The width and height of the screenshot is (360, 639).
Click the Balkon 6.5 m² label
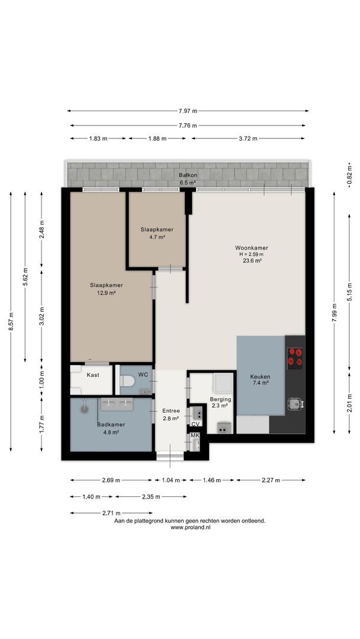pos(188,179)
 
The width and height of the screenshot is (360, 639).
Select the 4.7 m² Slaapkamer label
pos(157,233)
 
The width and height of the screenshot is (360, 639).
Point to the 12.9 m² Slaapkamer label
pos(107,289)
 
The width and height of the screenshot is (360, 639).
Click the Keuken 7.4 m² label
pos(261,380)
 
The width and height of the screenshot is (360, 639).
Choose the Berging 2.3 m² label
pos(221,402)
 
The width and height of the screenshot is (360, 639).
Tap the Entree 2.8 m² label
pos(171,414)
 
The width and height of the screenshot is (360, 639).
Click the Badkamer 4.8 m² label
pos(111,428)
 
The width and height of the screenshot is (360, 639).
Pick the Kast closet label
pos(92,375)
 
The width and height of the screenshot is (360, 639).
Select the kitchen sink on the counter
pos(294,404)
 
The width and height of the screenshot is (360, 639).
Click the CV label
pos(195,424)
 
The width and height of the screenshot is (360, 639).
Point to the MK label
pos(195,435)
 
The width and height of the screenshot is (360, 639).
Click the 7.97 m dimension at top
pos(188,111)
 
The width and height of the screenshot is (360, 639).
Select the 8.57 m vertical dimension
pos(11,321)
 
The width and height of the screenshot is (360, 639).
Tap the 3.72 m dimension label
pos(248,138)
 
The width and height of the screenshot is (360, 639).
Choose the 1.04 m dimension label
pos(171,480)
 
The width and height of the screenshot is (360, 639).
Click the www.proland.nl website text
pos(191,527)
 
